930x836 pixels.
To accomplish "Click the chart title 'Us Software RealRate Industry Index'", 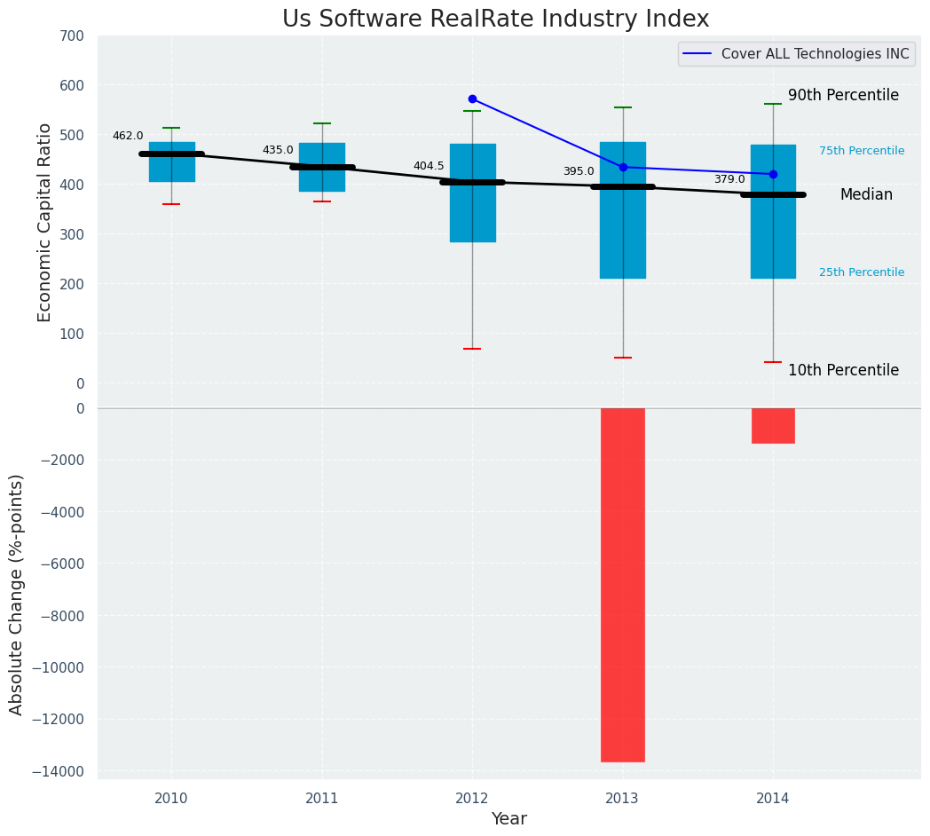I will (495, 20).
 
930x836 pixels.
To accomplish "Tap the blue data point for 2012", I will (472, 99).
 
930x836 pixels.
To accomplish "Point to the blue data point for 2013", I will (623, 167).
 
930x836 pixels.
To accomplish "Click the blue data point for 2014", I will (773, 174).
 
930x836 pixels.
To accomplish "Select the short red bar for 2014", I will (773, 425).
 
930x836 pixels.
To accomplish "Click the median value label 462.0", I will (128, 136).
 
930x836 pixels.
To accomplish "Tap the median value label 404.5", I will (429, 166).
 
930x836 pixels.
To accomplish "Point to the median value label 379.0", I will (729, 179).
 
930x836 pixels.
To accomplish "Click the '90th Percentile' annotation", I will (843, 95).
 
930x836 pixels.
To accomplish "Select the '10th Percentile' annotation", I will (843, 370).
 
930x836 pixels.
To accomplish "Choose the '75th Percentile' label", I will (862, 151).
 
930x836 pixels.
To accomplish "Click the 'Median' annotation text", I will (866, 194).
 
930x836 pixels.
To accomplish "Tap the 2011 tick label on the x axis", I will (322, 799).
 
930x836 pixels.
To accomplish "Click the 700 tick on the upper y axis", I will (72, 36).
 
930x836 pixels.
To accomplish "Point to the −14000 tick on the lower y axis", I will (59, 771).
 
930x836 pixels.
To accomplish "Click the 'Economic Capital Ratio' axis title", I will (45, 222).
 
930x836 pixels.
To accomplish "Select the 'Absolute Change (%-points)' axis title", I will (17, 594).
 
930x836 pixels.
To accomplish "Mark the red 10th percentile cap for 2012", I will (472, 349).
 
